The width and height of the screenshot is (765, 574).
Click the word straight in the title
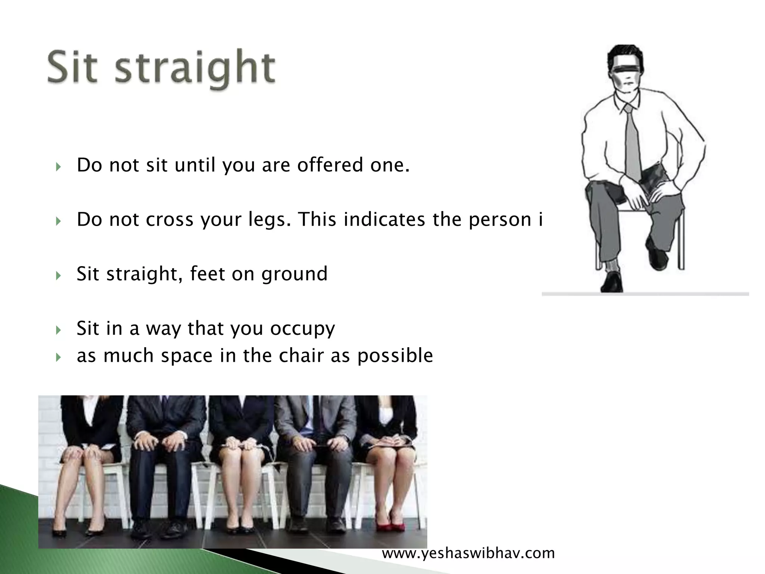click(x=194, y=69)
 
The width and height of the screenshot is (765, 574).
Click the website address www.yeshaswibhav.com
click(x=468, y=553)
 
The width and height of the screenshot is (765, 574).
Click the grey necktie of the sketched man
click(x=632, y=146)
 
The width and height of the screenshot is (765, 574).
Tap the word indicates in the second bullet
click(x=384, y=219)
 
